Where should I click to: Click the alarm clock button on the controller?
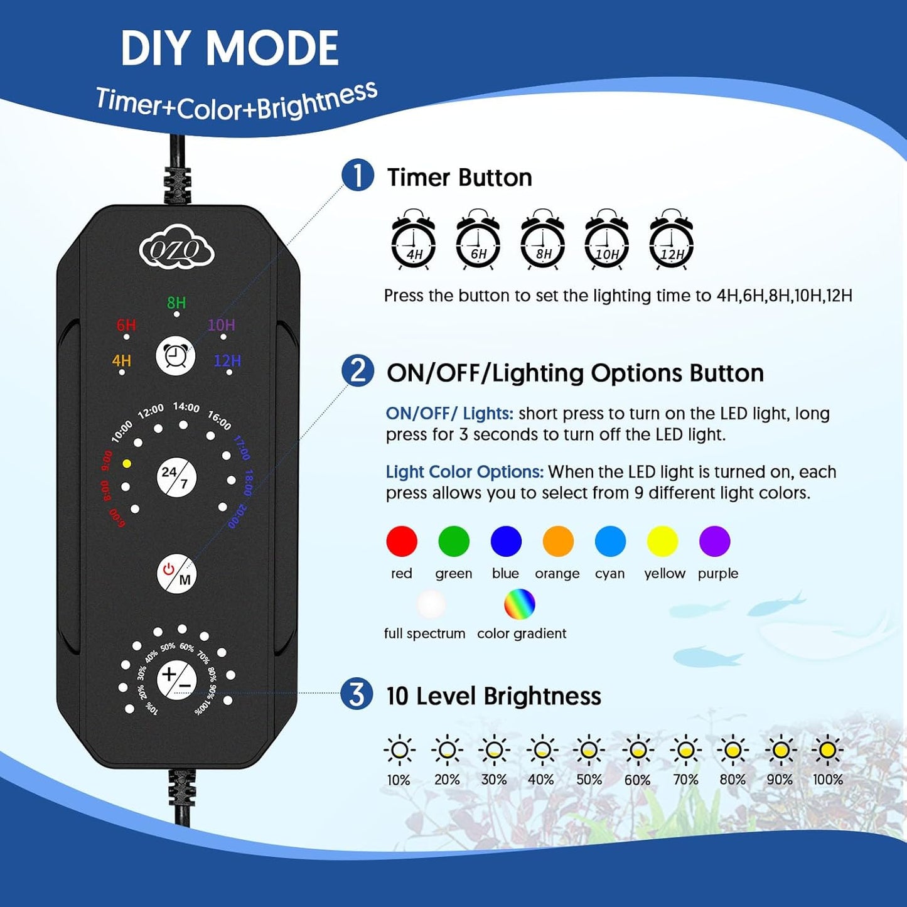click(175, 357)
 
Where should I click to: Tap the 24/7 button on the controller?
click(176, 478)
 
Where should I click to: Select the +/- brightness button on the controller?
click(176, 680)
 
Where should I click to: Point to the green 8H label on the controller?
click(176, 303)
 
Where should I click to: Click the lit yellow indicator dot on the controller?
click(127, 463)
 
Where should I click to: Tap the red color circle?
click(402, 541)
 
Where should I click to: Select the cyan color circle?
click(610, 541)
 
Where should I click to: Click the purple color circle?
click(714, 541)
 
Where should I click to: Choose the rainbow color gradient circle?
click(520, 604)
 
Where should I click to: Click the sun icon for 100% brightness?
click(827, 749)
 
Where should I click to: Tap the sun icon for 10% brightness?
click(399, 749)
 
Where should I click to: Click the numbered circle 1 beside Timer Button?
click(358, 176)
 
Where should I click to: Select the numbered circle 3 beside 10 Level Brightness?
click(357, 695)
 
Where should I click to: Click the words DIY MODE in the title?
click(230, 49)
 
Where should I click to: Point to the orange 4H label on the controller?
click(122, 361)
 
